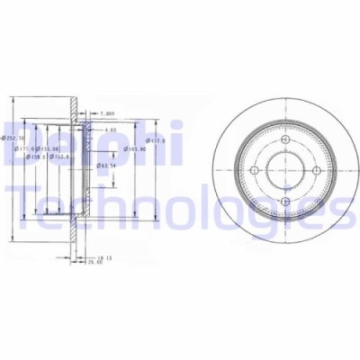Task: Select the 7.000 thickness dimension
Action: pos(108,114)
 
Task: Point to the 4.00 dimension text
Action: pos(110,130)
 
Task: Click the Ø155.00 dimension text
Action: pos(50,148)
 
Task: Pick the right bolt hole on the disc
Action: pos(308,170)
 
